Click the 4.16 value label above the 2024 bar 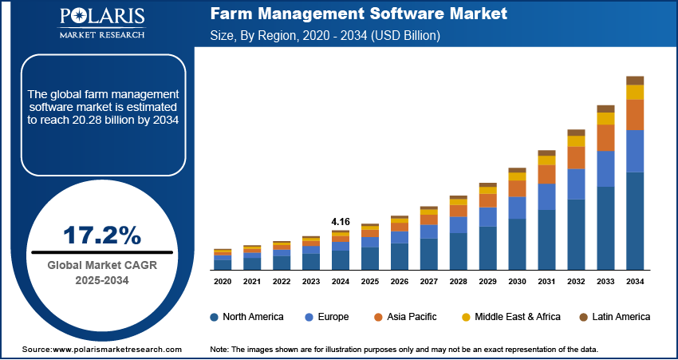click(x=341, y=220)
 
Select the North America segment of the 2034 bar click(x=635, y=220)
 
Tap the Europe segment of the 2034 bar click(x=635, y=151)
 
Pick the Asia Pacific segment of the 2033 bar click(x=606, y=137)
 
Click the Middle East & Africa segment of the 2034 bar click(x=635, y=92)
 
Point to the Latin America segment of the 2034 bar click(x=635, y=80)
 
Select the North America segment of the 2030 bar click(x=518, y=243)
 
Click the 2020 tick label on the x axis click(x=223, y=282)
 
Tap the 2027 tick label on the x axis click(x=429, y=282)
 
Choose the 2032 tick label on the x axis click(x=577, y=282)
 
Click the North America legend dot click(x=215, y=317)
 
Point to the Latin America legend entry click(x=609, y=317)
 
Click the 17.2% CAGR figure click(x=101, y=235)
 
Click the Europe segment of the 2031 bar click(x=547, y=196)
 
